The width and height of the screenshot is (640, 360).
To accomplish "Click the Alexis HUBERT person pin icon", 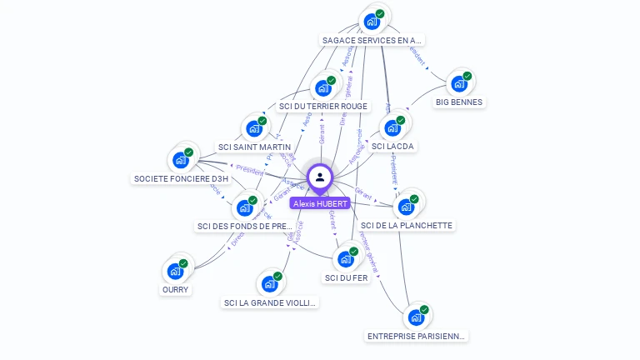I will tap(319, 177).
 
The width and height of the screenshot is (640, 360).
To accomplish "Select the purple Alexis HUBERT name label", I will tap(320, 203).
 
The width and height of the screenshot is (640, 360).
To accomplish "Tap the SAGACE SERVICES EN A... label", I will tap(372, 40).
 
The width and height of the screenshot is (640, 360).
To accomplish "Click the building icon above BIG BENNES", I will tap(458, 84).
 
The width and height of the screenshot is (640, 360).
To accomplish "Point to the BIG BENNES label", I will tap(459, 102).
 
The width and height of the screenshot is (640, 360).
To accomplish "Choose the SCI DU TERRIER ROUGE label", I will tap(323, 107).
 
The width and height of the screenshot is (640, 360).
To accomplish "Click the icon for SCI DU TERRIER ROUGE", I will tap(322, 88).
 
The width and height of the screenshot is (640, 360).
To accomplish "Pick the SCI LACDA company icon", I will tap(392, 128).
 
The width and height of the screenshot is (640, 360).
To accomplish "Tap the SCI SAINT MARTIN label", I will tap(254, 147).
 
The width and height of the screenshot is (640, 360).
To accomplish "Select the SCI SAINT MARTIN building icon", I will tap(253, 129).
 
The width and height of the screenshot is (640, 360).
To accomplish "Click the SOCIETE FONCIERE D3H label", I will tap(181, 178).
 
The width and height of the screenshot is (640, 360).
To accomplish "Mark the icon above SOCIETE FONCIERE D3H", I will tap(181, 160).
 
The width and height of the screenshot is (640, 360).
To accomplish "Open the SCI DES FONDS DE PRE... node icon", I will tap(245, 207).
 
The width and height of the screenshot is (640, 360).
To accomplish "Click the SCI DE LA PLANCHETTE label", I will tap(407, 225).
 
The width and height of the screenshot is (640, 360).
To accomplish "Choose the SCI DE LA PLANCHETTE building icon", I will tap(407, 206).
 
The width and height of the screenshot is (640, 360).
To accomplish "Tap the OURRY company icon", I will tap(175, 271).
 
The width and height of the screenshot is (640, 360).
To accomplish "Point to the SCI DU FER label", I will tap(347, 277).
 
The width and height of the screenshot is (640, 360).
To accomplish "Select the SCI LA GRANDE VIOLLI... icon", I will tap(270, 284).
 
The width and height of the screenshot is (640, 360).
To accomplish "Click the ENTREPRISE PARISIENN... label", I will tap(416, 336).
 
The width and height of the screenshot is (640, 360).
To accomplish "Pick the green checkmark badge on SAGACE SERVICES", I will tap(380, 14).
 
